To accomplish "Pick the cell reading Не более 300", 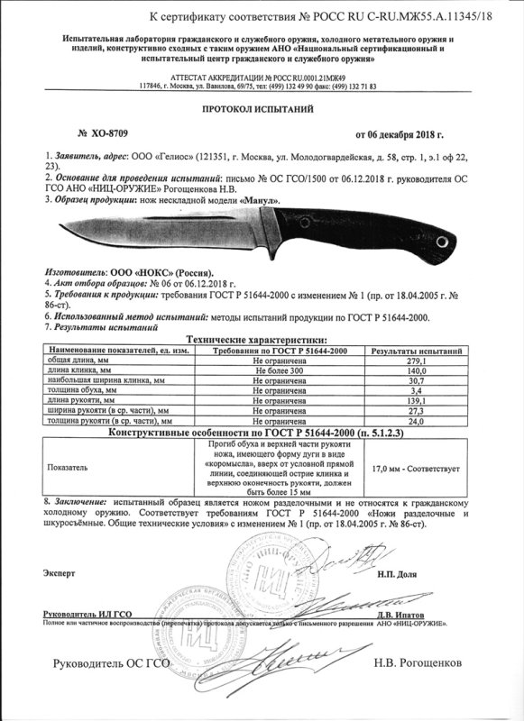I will pyautogui.click(x=283, y=370).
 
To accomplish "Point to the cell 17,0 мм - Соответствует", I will pyautogui.click(x=427, y=469).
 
